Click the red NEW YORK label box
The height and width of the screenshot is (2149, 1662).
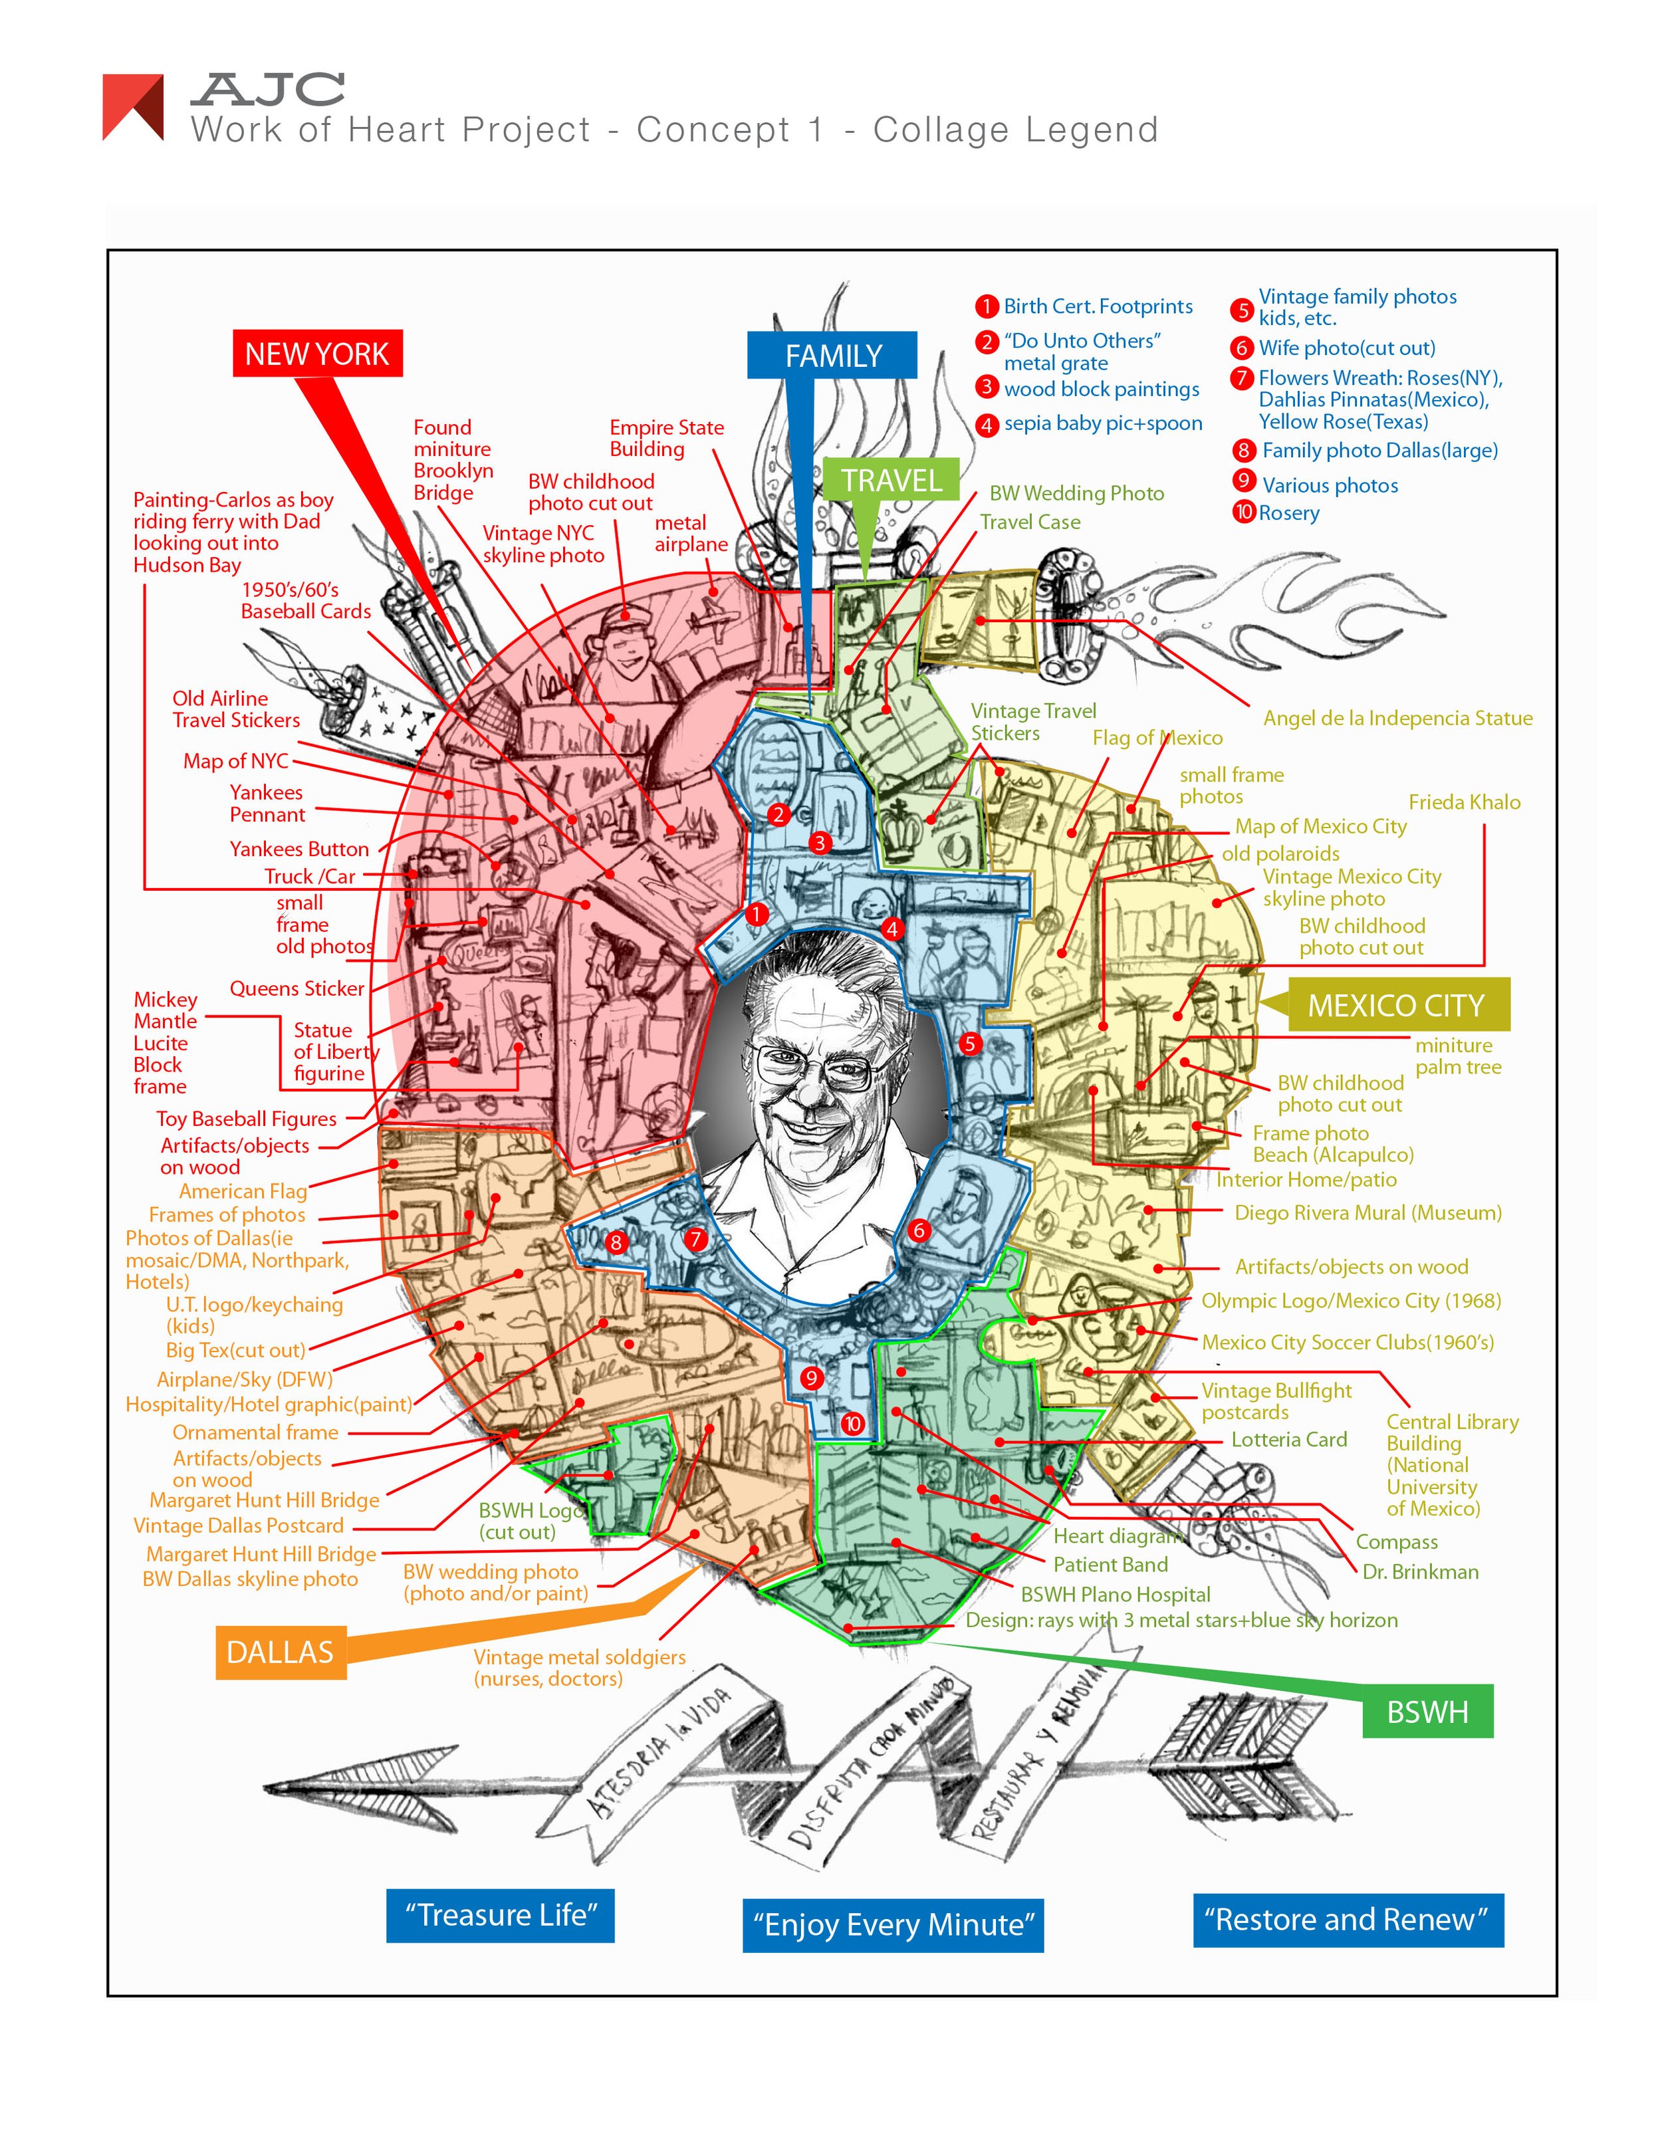(317, 353)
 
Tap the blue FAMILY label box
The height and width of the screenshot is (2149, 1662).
(832, 355)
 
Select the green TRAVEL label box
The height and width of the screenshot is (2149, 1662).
(891, 480)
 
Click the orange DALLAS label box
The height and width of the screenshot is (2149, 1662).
(281, 1651)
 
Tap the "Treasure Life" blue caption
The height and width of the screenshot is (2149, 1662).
(500, 1915)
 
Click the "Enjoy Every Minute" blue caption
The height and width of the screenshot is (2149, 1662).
(893, 1924)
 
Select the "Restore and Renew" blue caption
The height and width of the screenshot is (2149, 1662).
(1347, 1919)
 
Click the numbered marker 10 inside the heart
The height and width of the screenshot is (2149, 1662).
(852, 1424)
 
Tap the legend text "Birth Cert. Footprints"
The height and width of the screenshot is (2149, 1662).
(1097, 306)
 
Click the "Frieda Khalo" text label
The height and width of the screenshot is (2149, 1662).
(1464, 802)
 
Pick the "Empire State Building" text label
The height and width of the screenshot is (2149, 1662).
(666, 438)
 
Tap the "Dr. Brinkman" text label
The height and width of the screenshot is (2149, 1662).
(1420, 1571)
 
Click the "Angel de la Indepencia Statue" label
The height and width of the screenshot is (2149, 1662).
(1397, 719)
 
